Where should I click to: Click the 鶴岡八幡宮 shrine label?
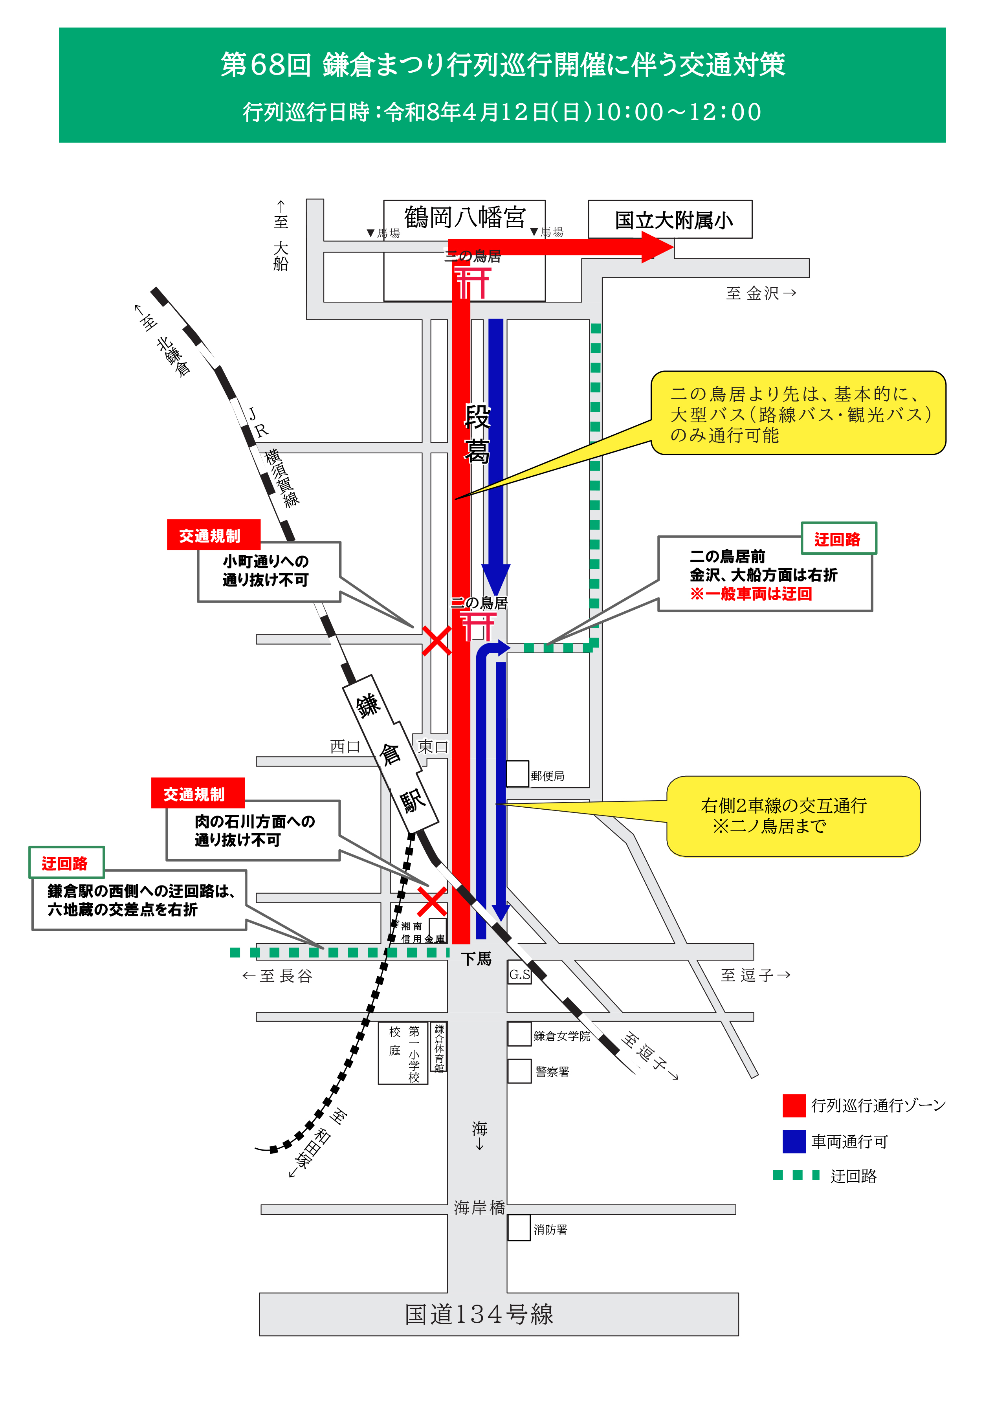click(464, 217)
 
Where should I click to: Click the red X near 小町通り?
click(436, 641)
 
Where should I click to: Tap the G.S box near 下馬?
click(519, 974)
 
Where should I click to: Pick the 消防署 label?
click(550, 1230)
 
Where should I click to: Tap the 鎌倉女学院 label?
click(561, 1036)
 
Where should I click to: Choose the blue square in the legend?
click(794, 1142)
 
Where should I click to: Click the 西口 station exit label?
click(345, 746)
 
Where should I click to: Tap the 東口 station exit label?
click(433, 746)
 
